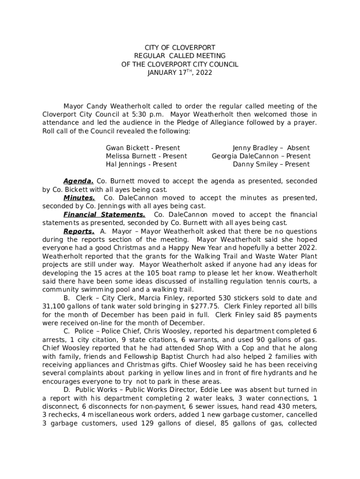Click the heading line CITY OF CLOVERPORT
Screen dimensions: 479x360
point(180,48)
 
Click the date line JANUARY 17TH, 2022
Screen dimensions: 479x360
point(180,73)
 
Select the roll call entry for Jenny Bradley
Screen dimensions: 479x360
point(271,148)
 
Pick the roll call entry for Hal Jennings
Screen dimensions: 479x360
point(141,164)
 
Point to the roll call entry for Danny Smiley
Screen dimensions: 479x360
point(271,164)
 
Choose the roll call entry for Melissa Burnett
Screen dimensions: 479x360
point(146,156)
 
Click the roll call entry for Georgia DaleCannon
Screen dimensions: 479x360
point(261,156)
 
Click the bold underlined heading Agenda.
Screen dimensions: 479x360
point(78,181)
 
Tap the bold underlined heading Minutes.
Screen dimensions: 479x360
point(79,198)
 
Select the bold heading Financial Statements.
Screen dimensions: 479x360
point(104,215)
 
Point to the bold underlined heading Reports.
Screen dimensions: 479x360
point(79,232)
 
